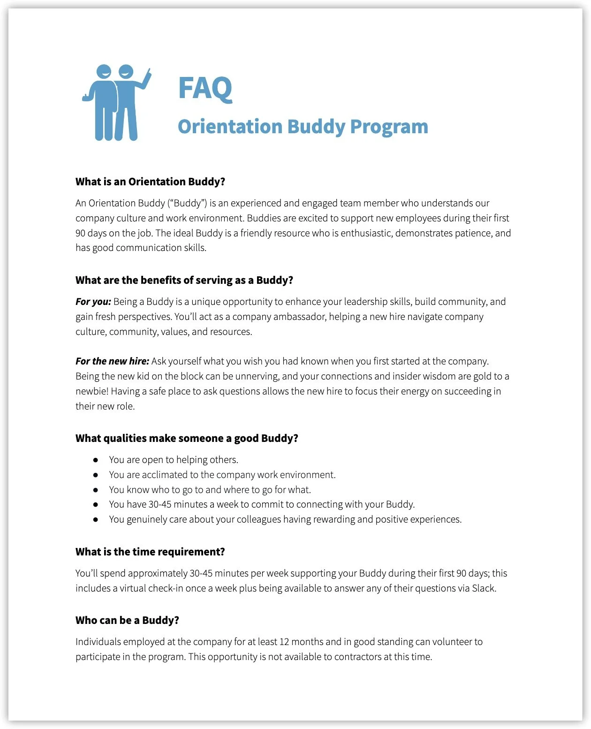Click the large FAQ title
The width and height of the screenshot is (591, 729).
(x=205, y=88)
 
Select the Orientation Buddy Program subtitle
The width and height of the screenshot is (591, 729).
(x=303, y=127)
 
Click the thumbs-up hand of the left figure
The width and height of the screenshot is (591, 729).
(x=87, y=97)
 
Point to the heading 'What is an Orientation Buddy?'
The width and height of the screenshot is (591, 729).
(x=150, y=182)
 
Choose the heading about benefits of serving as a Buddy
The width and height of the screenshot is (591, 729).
(x=184, y=280)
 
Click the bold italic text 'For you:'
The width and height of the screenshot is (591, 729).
(x=93, y=302)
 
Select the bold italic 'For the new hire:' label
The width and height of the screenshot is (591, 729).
(x=112, y=361)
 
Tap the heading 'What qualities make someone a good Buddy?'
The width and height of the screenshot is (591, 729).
(x=187, y=438)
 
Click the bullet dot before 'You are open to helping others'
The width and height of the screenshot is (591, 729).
(x=96, y=460)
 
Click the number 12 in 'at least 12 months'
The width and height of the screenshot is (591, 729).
(x=284, y=642)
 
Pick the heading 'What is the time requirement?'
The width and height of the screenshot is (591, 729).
(x=150, y=552)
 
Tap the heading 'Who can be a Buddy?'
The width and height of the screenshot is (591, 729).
(x=127, y=620)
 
